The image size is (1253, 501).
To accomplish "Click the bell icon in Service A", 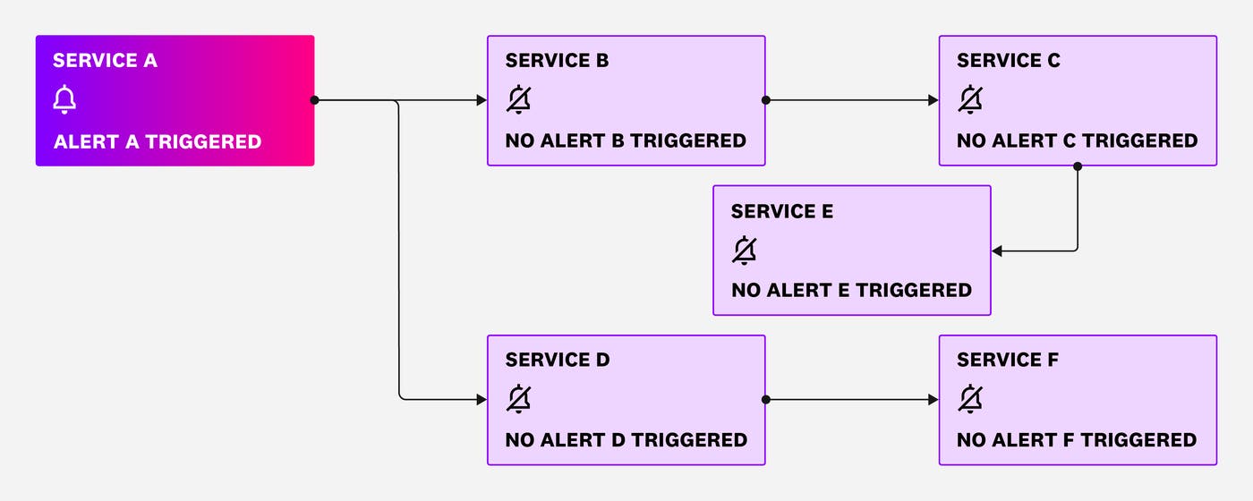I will pyautogui.click(x=64, y=100).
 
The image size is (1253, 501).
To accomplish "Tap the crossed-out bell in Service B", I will pyautogui.click(x=517, y=100).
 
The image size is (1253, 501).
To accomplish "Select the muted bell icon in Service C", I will pyautogui.click(x=969, y=100).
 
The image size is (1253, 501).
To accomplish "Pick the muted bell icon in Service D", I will pyautogui.click(x=517, y=399).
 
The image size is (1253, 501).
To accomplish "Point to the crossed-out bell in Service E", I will pyautogui.click(x=744, y=250).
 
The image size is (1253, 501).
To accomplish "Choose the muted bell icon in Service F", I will pyautogui.click(x=969, y=399).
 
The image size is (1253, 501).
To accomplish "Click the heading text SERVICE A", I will pyautogui.click(x=105, y=61).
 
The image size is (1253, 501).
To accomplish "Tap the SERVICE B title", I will pyautogui.click(x=557, y=61).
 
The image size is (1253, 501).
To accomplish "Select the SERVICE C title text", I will pyautogui.click(x=1009, y=61).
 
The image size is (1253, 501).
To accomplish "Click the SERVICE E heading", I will pyautogui.click(x=782, y=211).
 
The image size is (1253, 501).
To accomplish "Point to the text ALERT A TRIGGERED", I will pyautogui.click(x=158, y=141).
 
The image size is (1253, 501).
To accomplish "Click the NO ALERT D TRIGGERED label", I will pyautogui.click(x=626, y=440).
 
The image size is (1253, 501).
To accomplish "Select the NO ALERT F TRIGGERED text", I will pyautogui.click(x=1077, y=440).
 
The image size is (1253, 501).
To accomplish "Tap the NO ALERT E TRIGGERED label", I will pyautogui.click(x=851, y=290).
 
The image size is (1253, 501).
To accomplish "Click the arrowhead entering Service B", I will pyautogui.click(x=482, y=100).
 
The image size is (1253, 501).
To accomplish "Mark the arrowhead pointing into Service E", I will pyautogui.click(x=997, y=251).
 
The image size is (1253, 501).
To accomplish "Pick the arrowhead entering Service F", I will pyautogui.click(x=933, y=400).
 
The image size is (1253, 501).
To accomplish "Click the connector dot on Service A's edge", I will pyautogui.click(x=314, y=100).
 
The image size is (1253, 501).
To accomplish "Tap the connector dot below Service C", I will pyautogui.click(x=1078, y=166).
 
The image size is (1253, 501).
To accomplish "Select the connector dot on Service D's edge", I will pyautogui.click(x=765, y=400).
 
